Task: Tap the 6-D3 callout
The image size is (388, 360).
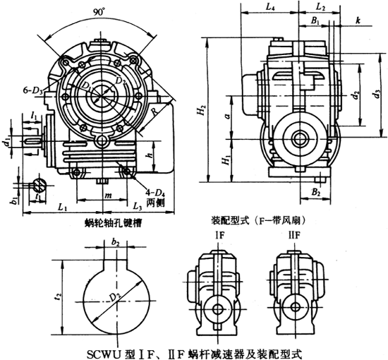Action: [x=34, y=90]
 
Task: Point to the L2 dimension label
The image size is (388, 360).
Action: [x=321, y=7]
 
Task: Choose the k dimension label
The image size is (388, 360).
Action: [x=358, y=23]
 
